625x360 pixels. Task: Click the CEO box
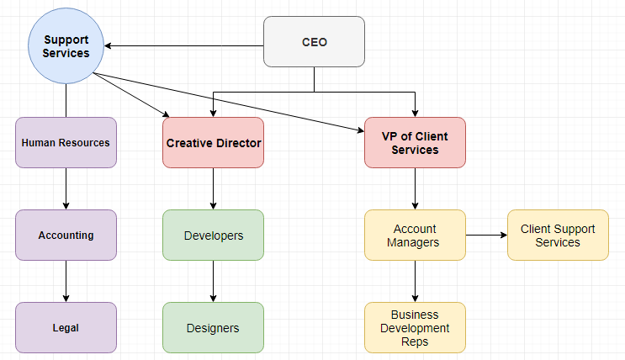pyautogui.click(x=315, y=42)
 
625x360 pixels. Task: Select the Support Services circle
pyautogui.click(x=66, y=46)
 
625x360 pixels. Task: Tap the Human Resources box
pyautogui.click(x=66, y=142)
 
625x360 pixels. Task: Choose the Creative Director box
pyautogui.click(x=213, y=142)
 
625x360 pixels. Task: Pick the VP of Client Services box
pyautogui.click(x=415, y=142)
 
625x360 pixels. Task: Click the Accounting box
pyautogui.click(x=66, y=235)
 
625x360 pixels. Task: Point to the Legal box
pyautogui.click(x=66, y=327)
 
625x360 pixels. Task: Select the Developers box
pyautogui.click(x=213, y=235)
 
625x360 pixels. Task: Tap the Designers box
pyautogui.click(x=213, y=327)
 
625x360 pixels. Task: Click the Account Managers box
pyautogui.click(x=415, y=235)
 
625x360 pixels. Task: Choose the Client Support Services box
pyautogui.click(x=558, y=235)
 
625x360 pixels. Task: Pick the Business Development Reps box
pyautogui.click(x=415, y=327)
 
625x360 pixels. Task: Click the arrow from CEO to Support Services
pyautogui.click(x=185, y=45)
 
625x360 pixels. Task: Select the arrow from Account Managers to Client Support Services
pyautogui.click(x=486, y=235)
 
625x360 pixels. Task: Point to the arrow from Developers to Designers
pyautogui.click(x=213, y=281)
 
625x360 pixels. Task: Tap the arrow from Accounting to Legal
pyautogui.click(x=66, y=281)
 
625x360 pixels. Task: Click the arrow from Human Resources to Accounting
pyautogui.click(x=66, y=188)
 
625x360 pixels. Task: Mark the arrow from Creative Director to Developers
pyautogui.click(x=213, y=188)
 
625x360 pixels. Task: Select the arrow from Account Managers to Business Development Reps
pyautogui.click(x=415, y=281)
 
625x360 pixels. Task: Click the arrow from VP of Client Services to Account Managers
pyautogui.click(x=415, y=188)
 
